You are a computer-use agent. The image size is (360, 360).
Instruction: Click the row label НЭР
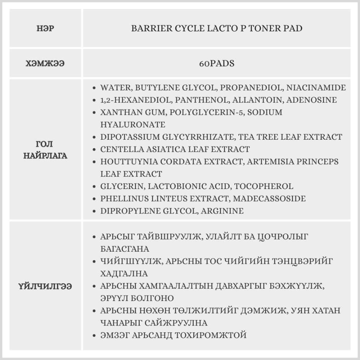46,28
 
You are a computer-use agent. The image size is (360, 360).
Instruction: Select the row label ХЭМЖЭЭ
46,63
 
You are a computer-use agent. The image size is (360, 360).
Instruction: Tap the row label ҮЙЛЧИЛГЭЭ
46,287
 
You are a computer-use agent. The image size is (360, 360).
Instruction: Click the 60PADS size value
217,63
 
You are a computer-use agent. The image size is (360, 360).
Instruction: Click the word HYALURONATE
133,125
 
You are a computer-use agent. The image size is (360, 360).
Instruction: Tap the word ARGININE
222,211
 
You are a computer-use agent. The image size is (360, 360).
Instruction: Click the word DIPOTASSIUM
130,137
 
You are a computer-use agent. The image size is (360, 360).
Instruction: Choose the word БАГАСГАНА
125,249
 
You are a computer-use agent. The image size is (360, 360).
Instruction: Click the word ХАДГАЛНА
124,274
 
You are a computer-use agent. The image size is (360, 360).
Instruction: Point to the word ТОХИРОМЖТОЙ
211,335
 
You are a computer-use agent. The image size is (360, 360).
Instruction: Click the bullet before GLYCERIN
94,186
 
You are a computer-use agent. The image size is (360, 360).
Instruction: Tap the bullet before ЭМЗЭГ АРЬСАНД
94,336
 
